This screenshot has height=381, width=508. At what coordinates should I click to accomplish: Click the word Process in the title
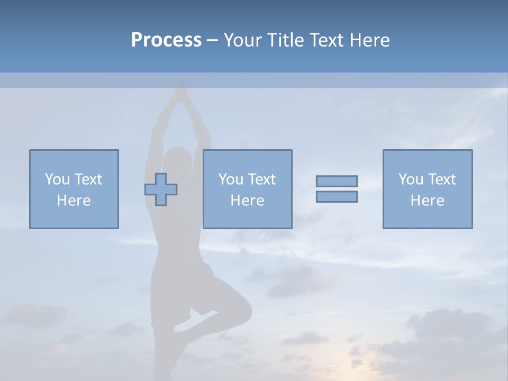point(166,40)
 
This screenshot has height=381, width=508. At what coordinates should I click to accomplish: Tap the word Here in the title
point(368,40)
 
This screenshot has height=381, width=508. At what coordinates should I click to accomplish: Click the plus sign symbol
point(161,189)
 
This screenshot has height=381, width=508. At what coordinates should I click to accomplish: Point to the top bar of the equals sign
point(337,181)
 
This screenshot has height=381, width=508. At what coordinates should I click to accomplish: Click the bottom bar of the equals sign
point(337,196)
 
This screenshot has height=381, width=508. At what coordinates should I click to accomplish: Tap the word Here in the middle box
point(247,201)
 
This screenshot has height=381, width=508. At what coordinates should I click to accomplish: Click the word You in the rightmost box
point(411,179)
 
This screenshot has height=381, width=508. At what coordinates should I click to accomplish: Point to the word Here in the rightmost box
point(427,201)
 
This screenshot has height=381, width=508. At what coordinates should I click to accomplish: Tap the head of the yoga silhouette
point(178,161)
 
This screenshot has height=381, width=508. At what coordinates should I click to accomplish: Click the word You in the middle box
point(231,179)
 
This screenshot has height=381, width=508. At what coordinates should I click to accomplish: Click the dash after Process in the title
point(212,40)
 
